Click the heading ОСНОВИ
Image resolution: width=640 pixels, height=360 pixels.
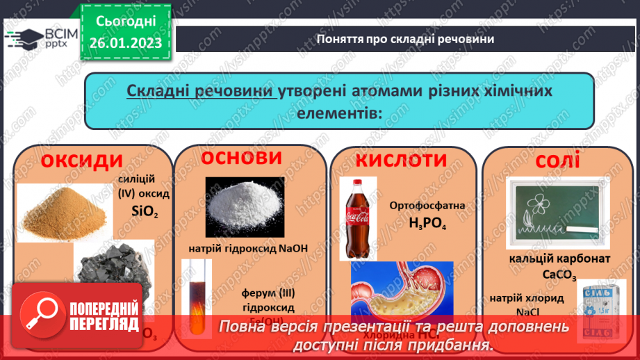coord(243,158)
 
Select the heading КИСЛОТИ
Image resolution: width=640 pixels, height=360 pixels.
coord(402,161)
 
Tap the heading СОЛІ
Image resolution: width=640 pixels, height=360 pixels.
coord(557,162)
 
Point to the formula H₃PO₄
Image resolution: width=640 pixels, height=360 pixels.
coord(427,224)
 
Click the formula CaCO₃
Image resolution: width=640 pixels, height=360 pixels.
coord(559,275)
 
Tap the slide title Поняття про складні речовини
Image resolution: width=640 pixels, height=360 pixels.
coord(404,38)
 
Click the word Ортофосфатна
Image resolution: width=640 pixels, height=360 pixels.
coord(427,206)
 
